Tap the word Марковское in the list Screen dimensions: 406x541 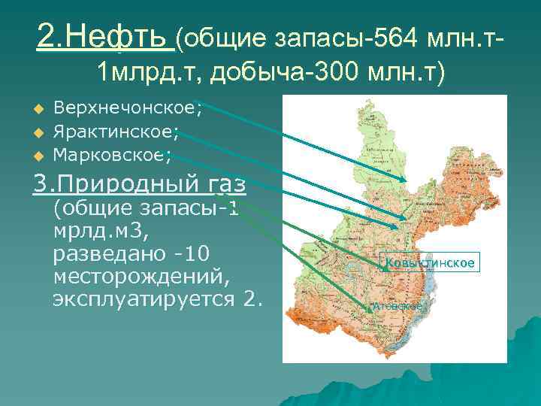pyautogui.click(x=113, y=156)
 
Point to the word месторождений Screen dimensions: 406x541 pyautogui.click(x=141, y=276)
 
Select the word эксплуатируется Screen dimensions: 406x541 pyautogui.click(x=147, y=300)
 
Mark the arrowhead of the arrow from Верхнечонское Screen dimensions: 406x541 pyautogui.click(x=407, y=180)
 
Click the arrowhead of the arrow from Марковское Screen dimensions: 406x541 pyautogui.click(x=399, y=226)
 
